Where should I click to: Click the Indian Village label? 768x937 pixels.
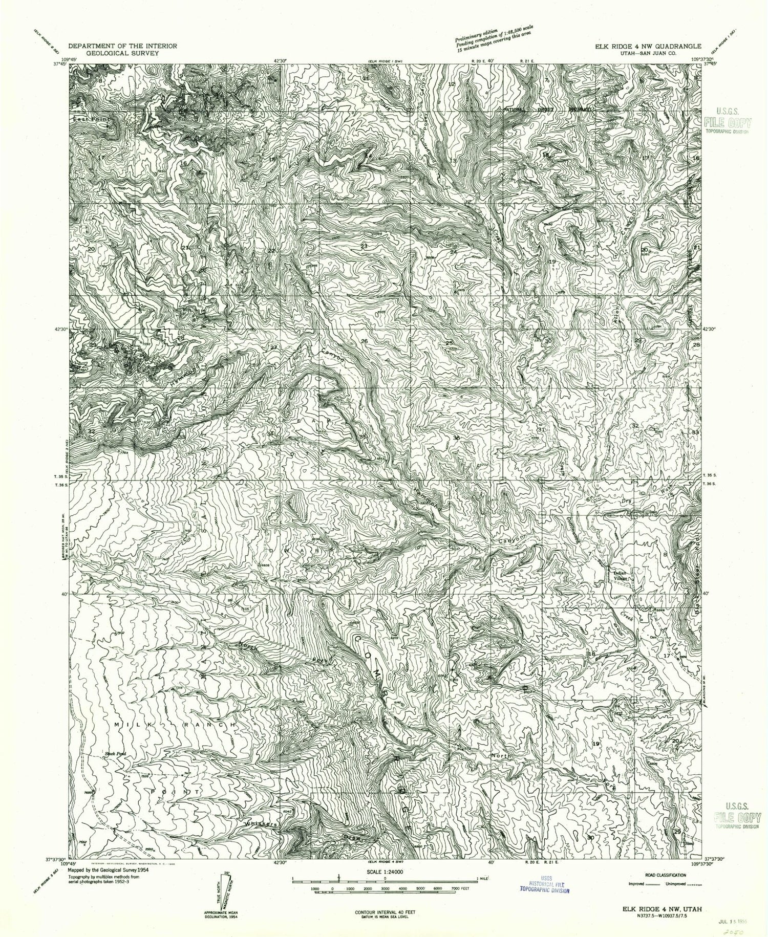621,575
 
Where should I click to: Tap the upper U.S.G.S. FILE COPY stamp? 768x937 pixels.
727,119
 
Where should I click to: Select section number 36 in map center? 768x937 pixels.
457,438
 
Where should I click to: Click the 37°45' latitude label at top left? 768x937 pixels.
60,64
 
